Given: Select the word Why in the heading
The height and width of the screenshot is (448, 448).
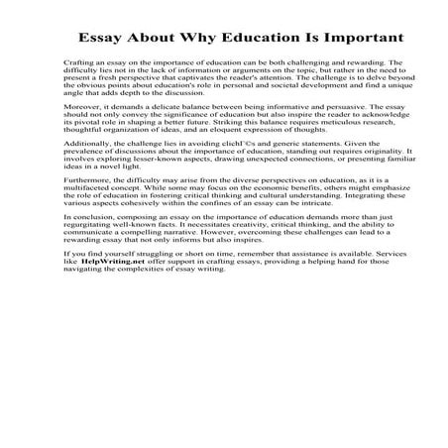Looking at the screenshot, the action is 191,39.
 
